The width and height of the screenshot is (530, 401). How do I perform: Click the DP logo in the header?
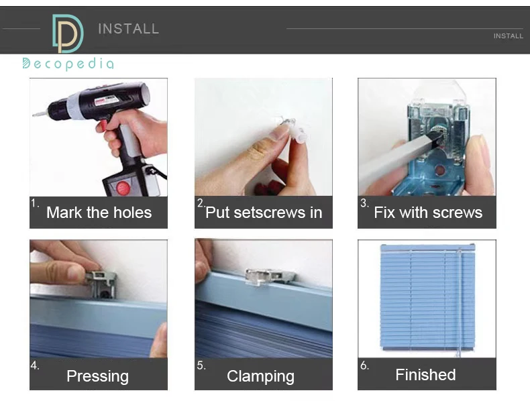pyautogui.click(x=68, y=34)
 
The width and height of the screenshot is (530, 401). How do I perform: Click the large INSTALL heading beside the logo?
pyautogui.click(x=128, y=29)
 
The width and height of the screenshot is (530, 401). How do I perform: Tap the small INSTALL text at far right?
pyautogui.click(x=508, y=36)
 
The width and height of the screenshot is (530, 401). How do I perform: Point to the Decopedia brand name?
pyautogui.click(x=68, y=64)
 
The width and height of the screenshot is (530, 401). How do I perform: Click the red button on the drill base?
pyautogui.click(x=123, y=188)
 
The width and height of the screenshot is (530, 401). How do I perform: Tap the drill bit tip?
pyautogui.click(x=34, y=115)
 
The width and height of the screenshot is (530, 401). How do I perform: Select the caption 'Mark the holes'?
pyautogui.click(x=99, y=213)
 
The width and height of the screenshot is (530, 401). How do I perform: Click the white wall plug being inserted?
pyautogui.click(x=299, y=135)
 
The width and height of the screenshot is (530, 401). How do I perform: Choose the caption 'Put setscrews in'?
pyautogui.click(x=264, y=213)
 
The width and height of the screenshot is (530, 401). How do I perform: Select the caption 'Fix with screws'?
pyautogui.click(x=428, y=213)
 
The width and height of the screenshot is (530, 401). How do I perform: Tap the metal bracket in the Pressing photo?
pyautogui.click(x=101, y=284)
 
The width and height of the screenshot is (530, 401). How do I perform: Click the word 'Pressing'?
pyautogui.click(x=98, y=376)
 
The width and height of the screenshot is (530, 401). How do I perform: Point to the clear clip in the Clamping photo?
pyautogui.click(x=270, y=277)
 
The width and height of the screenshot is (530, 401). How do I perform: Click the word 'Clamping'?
pyautogui.click(x=260, y=376)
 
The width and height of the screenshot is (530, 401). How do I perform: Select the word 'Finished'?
pyautogui.click(x=425, y=375)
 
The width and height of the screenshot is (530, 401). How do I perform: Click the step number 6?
pyautogui.click(x=364, y=365)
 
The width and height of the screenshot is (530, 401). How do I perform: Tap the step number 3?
pyautogui.click(x=364, y=203)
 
